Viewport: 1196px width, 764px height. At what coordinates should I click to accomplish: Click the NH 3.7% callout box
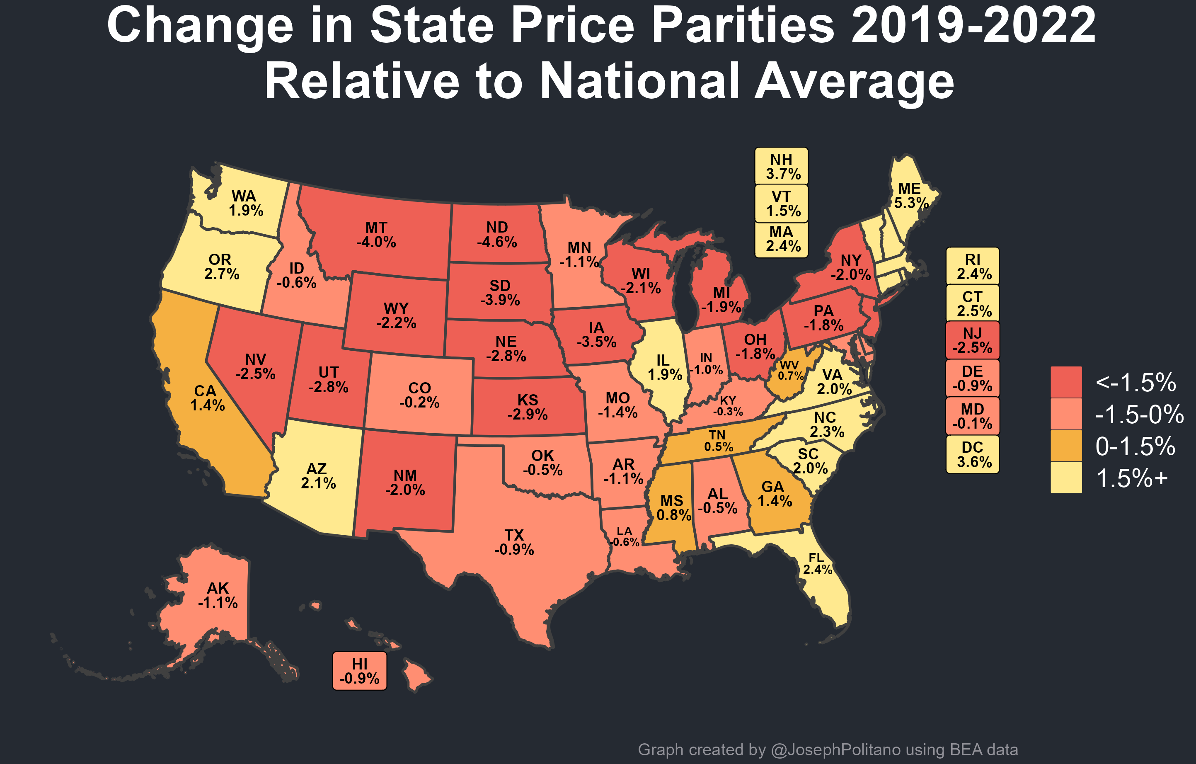click(x=781, y=166)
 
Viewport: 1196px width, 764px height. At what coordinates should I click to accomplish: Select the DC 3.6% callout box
click(x=973, y=454)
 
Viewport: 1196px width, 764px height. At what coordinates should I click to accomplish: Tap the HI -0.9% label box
click(x=360, y=671)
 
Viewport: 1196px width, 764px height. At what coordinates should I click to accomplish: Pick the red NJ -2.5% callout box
click(x=973, y=340)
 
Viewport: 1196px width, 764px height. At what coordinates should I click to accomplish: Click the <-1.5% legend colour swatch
click(x=1066, y=382)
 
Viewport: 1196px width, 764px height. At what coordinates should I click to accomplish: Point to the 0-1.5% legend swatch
click(x=1066, y=446)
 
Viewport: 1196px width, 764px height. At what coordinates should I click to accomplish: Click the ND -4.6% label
click(x=497, y=235)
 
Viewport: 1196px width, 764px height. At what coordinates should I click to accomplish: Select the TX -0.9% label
click(x=514, y=542)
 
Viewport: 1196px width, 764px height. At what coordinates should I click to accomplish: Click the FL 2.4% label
click(x=817, y=563)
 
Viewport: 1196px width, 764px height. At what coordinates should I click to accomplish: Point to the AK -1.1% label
click(x=218, y=595)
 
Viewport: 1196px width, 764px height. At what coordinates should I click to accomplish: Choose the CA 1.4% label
click(x=207, y=398)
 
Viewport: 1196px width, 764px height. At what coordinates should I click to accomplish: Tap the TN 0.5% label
click(x=718, y=441)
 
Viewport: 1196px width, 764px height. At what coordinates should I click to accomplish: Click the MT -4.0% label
click(x=376, y=235)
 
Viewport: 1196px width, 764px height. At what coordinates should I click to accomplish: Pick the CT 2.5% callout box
click(x=973, y=303)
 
